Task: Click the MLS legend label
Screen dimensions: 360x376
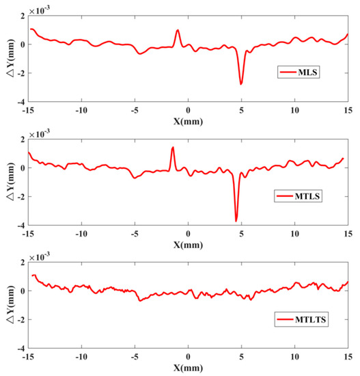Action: (307, 72)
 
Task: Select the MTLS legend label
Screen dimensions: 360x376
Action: (307, 196)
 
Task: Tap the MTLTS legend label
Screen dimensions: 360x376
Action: (310, 319)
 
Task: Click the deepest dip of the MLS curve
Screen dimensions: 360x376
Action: (241, 84)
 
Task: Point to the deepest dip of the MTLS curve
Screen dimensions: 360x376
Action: (236, 221)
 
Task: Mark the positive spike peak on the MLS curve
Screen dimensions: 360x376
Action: (178, 30)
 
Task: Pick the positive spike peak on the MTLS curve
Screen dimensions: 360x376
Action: (173, 147)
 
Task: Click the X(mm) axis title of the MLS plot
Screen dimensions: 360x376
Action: (188, 121)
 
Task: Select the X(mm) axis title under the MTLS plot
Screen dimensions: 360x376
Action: (188, 245)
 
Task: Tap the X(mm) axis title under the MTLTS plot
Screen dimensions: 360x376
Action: (188, 368)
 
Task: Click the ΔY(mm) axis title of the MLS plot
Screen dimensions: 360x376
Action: (11, 58)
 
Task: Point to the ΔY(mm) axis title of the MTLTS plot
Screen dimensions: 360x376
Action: (11, 305)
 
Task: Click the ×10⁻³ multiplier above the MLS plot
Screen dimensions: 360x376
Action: (40, 10)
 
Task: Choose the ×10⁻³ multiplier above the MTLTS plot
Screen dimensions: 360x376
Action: (40, 256)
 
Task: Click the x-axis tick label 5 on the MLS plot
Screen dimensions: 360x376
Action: (241, 110)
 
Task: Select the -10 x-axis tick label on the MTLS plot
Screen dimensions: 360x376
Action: (81, 234)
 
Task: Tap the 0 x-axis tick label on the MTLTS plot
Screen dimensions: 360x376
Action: (188, 357)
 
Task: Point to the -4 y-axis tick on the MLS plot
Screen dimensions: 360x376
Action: (21, 102)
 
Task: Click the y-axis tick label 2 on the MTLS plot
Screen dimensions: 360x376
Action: (23, 139)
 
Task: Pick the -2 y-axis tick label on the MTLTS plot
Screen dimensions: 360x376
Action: (21, 320)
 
